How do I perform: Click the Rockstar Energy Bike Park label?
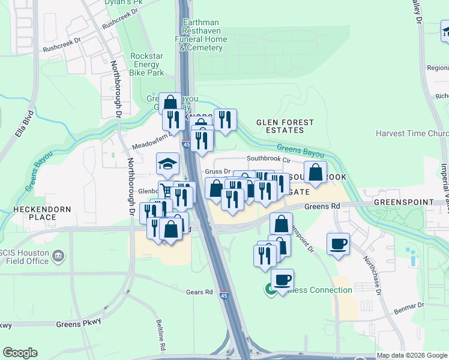point(147,64)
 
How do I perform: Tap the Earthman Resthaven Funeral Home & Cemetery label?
point(205,35)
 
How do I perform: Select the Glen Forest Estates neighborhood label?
point(285,126)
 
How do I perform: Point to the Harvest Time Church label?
point(411,133)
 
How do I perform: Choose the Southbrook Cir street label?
point(268,160)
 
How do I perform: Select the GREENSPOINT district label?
point(403,202)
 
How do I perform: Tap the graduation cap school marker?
point(167,164)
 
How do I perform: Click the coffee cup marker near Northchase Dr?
point(338,244)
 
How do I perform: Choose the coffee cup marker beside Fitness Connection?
point(282,280)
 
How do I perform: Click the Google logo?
point(20,353)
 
